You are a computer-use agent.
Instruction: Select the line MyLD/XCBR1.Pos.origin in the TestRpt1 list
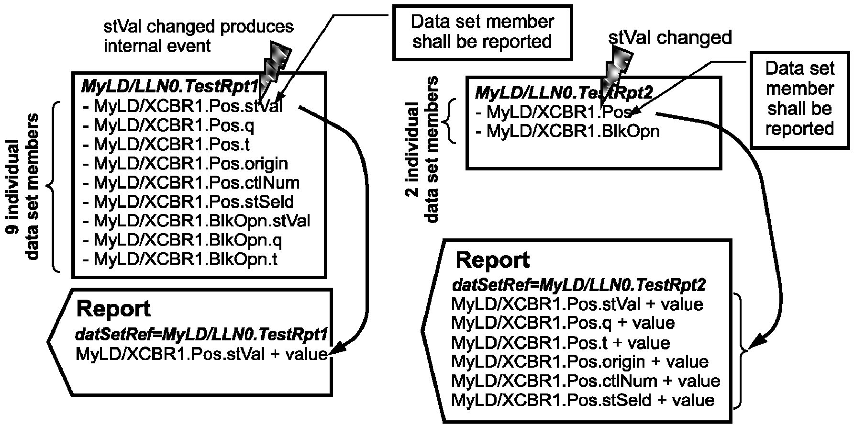click(186, 164)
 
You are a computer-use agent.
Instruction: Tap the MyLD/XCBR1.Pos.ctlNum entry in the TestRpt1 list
click(191, 182)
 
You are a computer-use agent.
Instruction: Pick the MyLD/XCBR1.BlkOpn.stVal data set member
click(197, 221)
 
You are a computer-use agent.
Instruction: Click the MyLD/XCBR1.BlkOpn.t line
click(180, 259)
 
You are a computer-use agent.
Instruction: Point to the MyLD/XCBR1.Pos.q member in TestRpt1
click(169, 125)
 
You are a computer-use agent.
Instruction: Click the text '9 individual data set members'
click(22, 187)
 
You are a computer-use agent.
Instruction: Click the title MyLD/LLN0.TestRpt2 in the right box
click(564, 92)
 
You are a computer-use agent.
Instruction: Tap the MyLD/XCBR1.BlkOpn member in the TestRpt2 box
click(568, 131)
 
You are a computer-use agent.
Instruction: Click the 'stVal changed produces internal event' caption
click(199, 36)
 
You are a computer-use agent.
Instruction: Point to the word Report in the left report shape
click(113, 309)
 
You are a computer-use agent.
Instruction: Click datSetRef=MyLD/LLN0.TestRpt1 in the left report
click(201, 335)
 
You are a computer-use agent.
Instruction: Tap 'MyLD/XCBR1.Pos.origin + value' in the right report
click(580, 361)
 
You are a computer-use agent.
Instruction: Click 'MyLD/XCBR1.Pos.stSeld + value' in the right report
click(583, 400)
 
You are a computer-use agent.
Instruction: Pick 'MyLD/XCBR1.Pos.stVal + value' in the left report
click(201, 354)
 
